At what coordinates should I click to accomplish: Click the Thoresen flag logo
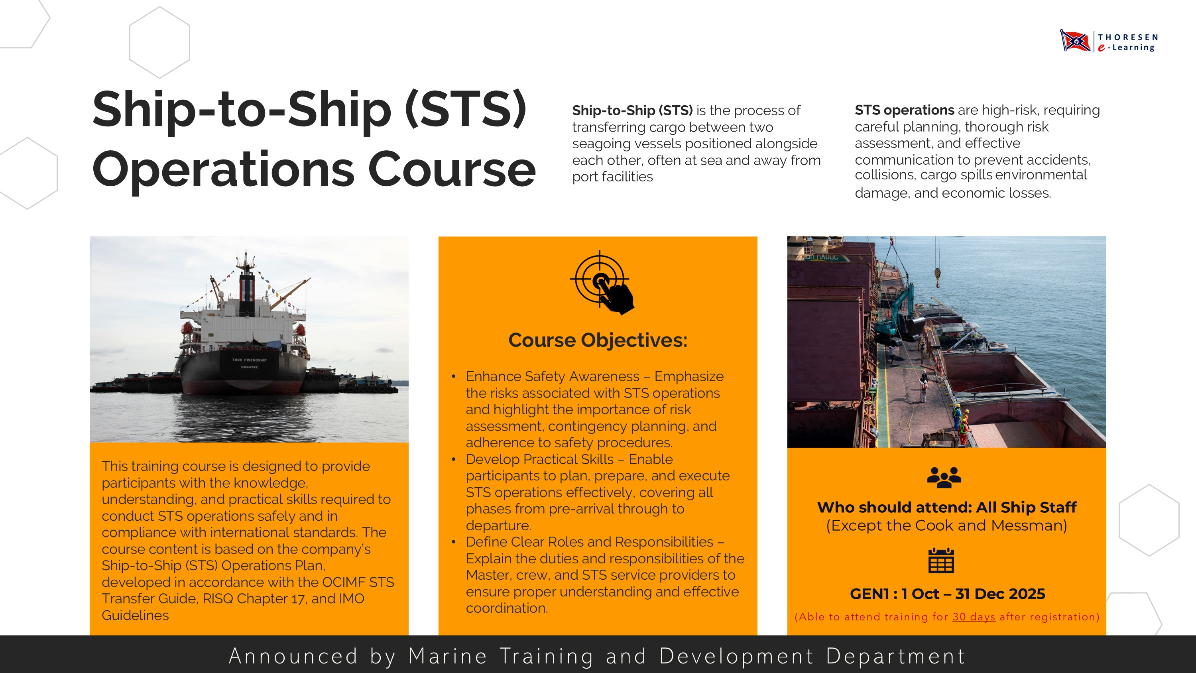(1075, 41)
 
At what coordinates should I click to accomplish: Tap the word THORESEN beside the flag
(1128, 37)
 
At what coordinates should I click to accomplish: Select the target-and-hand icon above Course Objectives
(601, 282)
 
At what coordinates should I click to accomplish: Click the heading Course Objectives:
(598, 340)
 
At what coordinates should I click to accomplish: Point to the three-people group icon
(944, 477)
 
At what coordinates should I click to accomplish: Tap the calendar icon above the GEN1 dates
(941, 561)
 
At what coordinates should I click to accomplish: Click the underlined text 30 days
(974, 617)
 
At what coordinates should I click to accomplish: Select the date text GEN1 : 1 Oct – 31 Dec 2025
(947, 594)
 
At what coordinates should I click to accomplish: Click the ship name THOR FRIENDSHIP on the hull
(249, 360)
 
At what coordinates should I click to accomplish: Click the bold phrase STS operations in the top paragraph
(904, 110)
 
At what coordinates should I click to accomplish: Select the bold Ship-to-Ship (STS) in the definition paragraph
(632, 110)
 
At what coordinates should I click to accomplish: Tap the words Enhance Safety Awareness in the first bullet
(553, 376)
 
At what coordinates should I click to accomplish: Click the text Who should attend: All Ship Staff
(947, 507)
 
